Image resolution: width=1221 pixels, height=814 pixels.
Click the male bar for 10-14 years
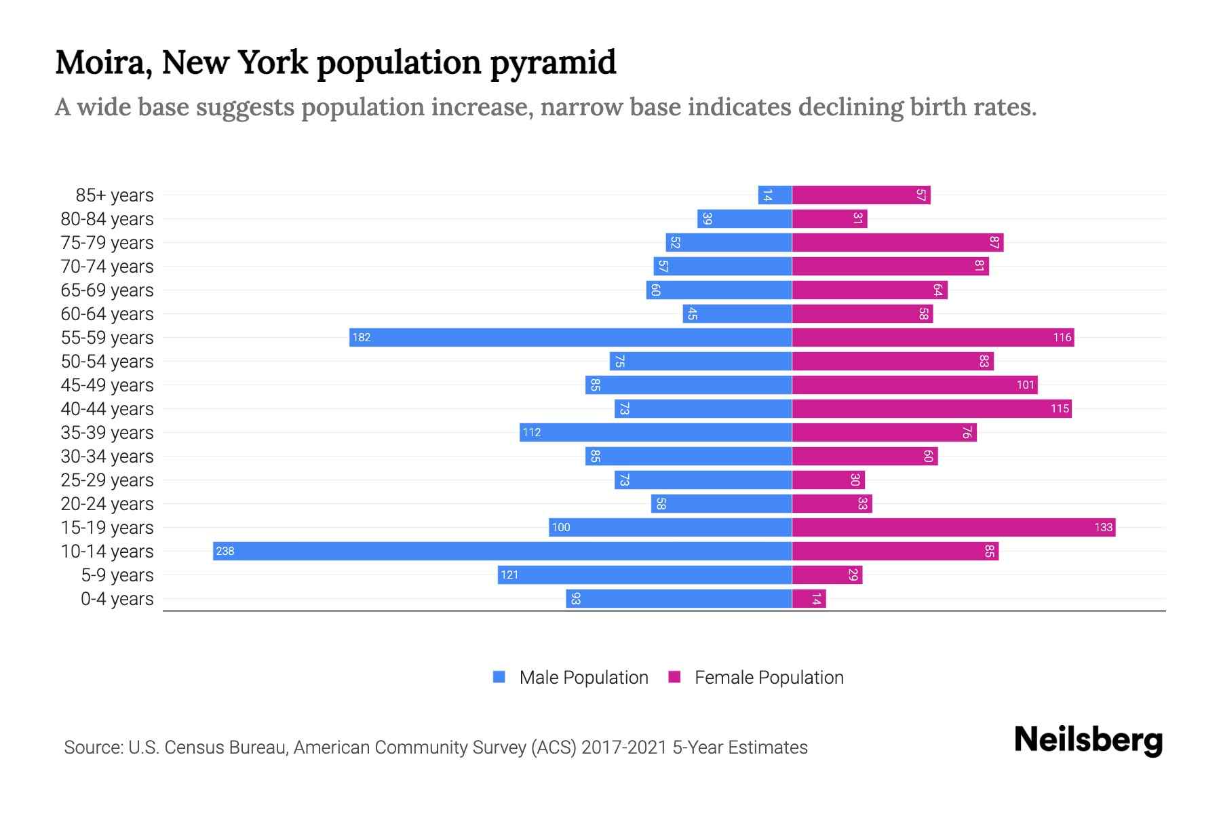(x=502, y=551)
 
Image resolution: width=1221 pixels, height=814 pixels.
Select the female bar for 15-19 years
(x=953, y=527)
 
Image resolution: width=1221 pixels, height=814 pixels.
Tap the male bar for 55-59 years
(x=570, y=337)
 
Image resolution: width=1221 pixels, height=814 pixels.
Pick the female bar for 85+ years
(x=861, y=195)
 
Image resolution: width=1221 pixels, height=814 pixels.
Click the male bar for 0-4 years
(x=678, y=598)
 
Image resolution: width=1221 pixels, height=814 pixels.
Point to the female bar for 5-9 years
(x=827, y=575)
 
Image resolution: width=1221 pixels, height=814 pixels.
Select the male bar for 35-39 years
(x=655, y=432)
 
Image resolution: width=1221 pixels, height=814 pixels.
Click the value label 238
(x=225, y=551)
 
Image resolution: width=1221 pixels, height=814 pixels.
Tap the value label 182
(x=362, y=337)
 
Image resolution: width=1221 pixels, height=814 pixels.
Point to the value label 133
(x=1103, y=527)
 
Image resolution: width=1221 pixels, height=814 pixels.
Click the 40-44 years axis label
(x=107, y=409)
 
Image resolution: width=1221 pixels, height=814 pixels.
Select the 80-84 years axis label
(x=107, y=219)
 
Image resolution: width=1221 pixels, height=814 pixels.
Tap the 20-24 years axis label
(x=107, y=504)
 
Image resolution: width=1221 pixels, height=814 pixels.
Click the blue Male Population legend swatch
(x=499, y=677)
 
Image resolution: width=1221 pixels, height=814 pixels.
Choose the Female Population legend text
(x=769, y=678)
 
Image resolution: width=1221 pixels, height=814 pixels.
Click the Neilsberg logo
(x=1088, y=740)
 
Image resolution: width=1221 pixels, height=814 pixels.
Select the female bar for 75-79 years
(x=897, y=242)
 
